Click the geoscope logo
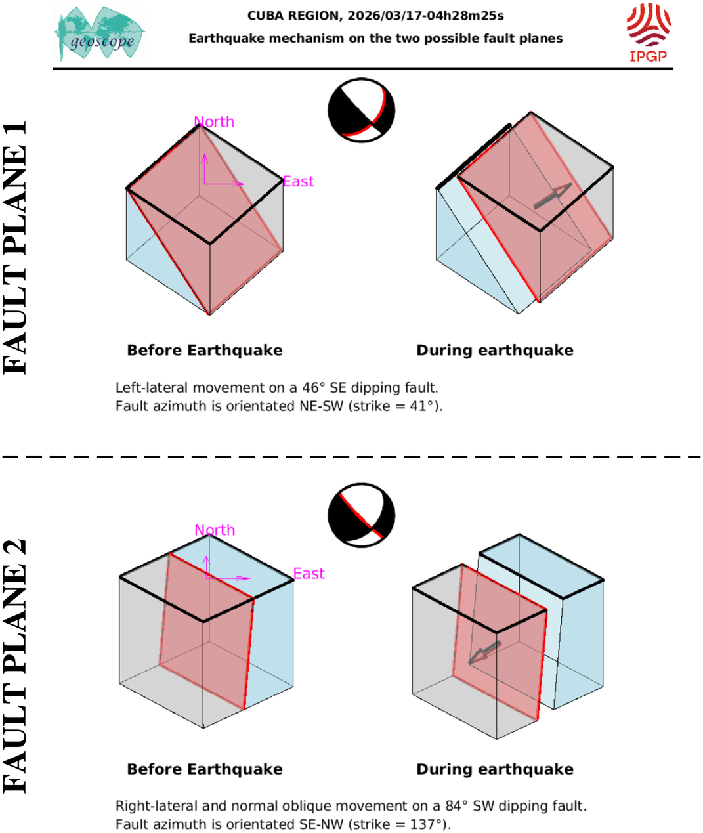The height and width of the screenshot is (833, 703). (x=100, y=34)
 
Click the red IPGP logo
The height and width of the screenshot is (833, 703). (x=648, y=32)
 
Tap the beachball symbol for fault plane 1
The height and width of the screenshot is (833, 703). (x=361, y=110)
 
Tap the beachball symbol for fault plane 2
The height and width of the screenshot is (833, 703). (x=361, y=516)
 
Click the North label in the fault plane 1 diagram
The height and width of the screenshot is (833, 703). (x=214, y=122)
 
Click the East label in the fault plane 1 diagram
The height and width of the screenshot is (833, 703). (x=298, y=182)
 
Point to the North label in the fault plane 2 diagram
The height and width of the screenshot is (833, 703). (x=215, y=530)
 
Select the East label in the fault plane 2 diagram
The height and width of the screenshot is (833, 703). (x=309, y=574)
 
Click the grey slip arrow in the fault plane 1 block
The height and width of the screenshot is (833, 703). (x=552, y=196)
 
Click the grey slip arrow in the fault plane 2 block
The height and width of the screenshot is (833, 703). (x=484, y=652)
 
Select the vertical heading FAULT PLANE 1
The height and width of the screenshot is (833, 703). (x=16, y=247)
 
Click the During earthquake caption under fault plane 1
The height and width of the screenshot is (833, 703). (x=495, y=351)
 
